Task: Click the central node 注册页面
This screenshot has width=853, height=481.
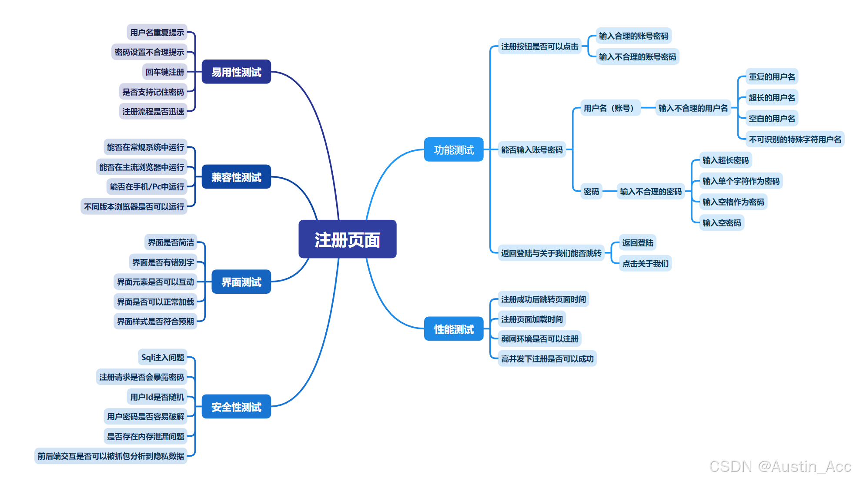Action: tap(347, 239)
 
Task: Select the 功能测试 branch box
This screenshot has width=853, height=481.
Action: tap(453, 150)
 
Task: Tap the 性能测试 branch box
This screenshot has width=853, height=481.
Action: tap(453, 329)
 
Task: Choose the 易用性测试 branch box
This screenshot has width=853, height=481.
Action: tap(236, 72)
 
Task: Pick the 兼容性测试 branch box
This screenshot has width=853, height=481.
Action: tap(236, 177)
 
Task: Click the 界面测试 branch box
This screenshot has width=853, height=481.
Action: tap(241, 282)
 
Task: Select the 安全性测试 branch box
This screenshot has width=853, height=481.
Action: tap(236, 407)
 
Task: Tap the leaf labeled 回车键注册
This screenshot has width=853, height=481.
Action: tap(165, 72)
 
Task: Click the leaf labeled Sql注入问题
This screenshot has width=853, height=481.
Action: tap(163, 357)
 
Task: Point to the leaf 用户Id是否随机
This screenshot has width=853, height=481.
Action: tap(157, 397)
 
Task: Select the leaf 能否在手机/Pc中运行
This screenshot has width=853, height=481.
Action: tap(147, 187)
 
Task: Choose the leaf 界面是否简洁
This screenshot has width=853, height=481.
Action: tap(171, 242)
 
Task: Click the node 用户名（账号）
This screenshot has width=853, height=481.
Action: tap(610, 108)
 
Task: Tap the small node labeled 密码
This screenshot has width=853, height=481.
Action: tap(591, 191)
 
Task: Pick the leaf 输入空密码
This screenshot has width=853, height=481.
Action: tap(722, 222)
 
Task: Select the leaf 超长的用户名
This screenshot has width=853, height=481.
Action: tap(772, 97)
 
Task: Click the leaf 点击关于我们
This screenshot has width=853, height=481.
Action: tap(645, 263)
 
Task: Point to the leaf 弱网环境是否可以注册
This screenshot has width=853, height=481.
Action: tap(539, 338)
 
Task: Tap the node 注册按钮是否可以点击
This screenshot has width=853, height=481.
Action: tap(539, 46)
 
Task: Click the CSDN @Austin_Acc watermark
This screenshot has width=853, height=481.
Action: tap(780, 466)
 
